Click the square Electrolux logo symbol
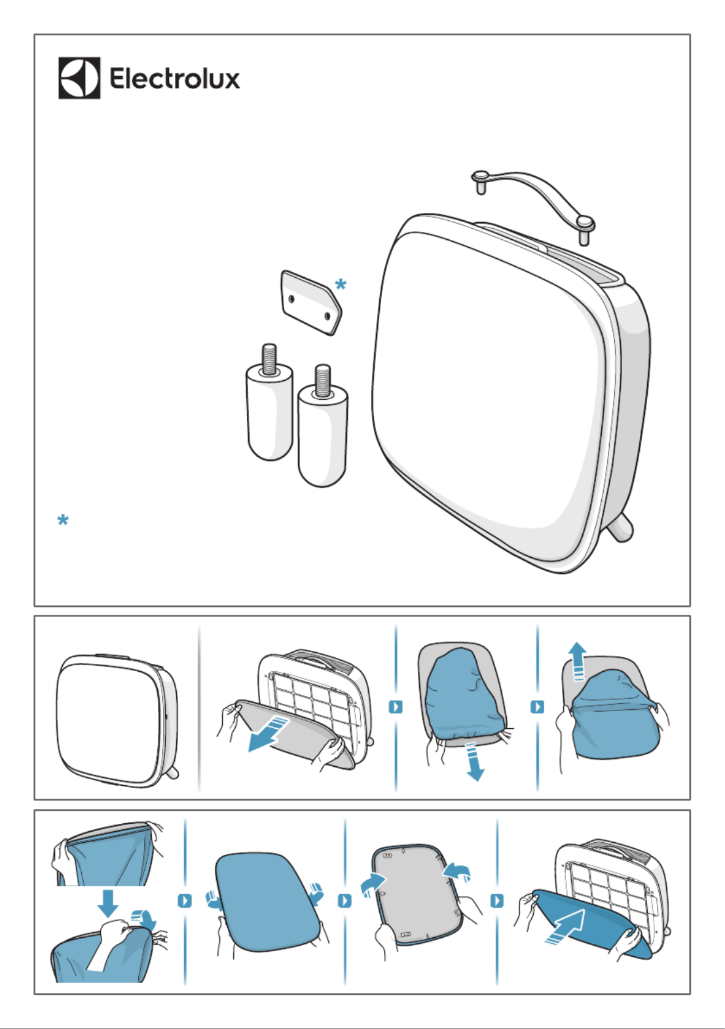coord(79,77)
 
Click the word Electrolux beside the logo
coord(174,78)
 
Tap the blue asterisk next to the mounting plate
coord(340,284)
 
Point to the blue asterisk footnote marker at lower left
coord(63,520)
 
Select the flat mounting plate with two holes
coord(311,302)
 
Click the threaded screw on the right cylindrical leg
coord(322,380)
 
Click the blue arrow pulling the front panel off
coord(269,734)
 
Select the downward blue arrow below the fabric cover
coord(474,761)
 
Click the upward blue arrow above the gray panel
coord(577,661)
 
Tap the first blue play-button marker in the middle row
coord(396,707)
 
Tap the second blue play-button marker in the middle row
coord(537,707)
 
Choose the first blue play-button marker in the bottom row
coord(185,901)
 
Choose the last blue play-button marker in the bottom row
coord(497,901)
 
